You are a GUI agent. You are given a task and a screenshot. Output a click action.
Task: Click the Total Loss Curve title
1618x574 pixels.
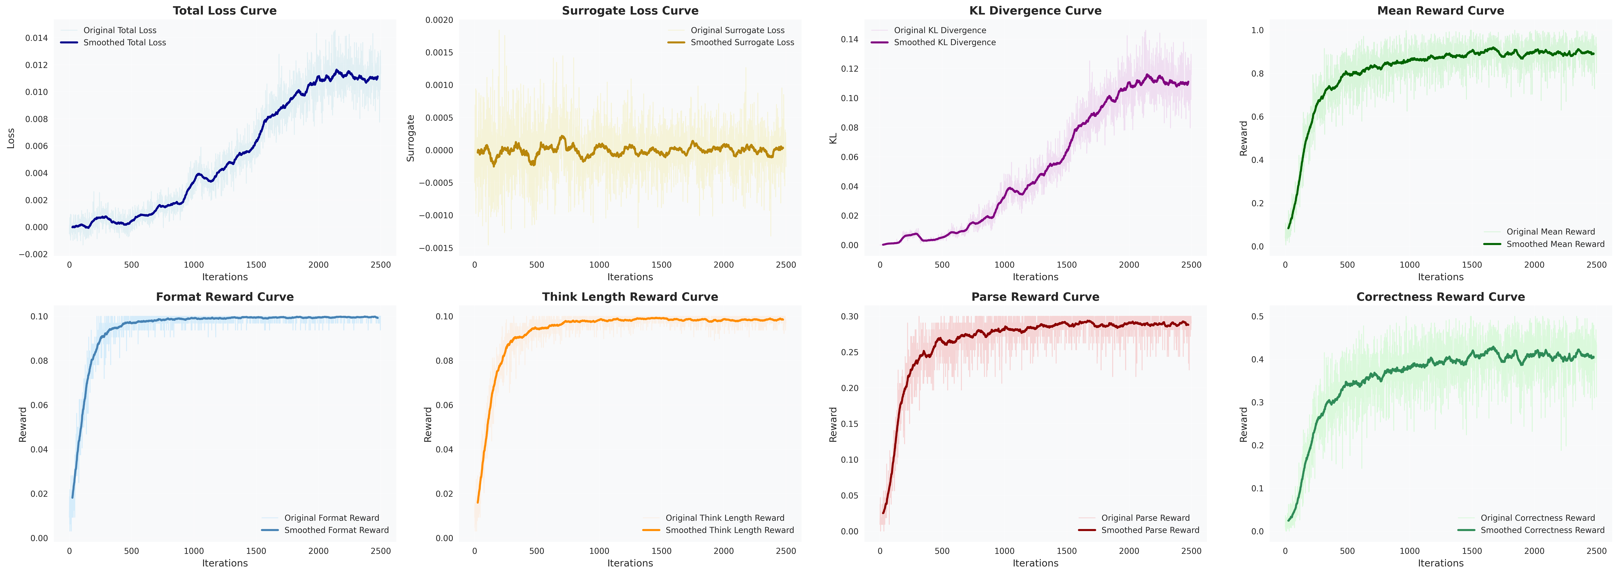click(225, 11)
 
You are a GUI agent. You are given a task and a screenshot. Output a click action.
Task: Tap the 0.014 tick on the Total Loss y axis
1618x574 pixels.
click(36, 38)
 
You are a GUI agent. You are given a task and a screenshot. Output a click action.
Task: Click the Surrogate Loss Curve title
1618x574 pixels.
click(630, 11)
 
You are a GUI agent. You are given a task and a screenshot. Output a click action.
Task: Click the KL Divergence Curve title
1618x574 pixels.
click(1035, 11)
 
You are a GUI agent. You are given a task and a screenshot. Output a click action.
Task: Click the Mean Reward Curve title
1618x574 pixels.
click(1440, 11)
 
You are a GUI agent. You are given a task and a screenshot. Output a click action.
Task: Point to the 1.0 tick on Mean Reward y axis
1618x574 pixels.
click(1257, 30)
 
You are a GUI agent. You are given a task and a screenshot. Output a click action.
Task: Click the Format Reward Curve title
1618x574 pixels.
click(225, 297)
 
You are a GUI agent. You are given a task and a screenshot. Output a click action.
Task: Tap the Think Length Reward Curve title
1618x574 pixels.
click(630, 297)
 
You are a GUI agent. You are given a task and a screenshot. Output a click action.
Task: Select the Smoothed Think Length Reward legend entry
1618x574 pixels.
click(718, 530)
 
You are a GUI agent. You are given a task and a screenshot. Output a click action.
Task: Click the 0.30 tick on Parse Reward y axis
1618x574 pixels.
click(850, 316)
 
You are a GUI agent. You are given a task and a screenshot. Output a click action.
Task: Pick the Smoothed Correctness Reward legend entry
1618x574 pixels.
click(1531, 530)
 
